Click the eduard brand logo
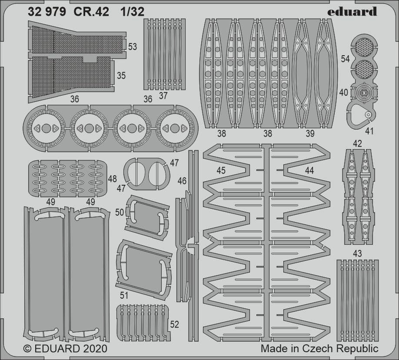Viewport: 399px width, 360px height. [x=352, y=12]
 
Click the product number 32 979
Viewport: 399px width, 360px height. [x=47, y=12]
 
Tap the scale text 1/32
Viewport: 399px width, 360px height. [x=132, y=12]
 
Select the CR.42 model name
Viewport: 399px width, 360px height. [x=91, y=12]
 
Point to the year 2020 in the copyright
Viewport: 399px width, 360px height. [x=94, y=349]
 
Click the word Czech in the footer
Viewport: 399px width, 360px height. [x=318, y=349]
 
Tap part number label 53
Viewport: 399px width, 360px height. [x=133, y=47]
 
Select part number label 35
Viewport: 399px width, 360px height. [x=121, y=76]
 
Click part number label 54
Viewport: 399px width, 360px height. [x=345, y=59]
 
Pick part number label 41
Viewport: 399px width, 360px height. [x=369, y=131]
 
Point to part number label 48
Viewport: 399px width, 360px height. [x=113, y=179]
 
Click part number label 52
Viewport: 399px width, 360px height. [x=175, y=324]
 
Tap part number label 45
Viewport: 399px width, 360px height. [x=221, y=170]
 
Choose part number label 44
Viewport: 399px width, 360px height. [x=309, y=170]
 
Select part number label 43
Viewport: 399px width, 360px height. [x=358, y=253]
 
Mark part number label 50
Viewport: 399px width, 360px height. [x=120, y=212]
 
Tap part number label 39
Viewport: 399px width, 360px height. [x=310, y=133]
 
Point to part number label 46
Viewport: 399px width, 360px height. [x=182, y=181]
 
